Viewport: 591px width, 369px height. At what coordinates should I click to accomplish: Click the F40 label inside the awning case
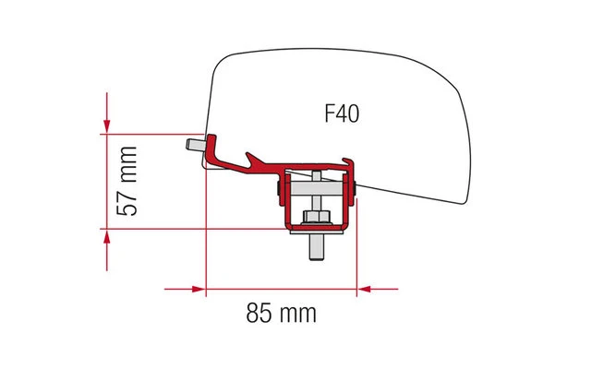tap(342, 113)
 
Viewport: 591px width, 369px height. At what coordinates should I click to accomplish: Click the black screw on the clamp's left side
tap(280, 192)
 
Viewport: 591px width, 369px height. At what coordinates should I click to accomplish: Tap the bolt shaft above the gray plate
tap(317, 178)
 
